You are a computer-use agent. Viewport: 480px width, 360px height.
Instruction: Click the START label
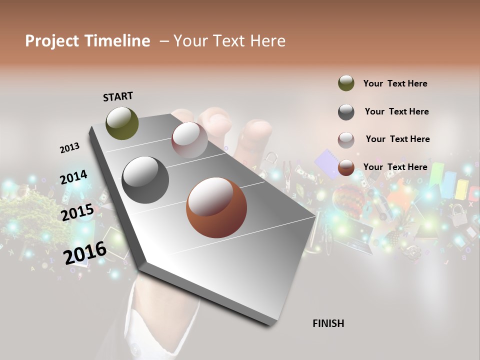118,96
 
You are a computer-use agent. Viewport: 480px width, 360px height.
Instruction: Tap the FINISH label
328,323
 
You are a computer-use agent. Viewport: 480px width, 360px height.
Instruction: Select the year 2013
69,148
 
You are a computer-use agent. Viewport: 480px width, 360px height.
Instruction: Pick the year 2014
73,177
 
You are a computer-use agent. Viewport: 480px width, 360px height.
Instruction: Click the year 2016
85,253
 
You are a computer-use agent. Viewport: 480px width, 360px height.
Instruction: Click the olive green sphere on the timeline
122,123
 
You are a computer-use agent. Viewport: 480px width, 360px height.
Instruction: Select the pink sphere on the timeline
189,140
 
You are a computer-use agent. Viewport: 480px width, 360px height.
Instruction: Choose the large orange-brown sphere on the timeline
216,207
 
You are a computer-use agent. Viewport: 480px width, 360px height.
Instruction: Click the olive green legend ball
346,83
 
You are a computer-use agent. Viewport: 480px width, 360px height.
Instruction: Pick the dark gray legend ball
346,112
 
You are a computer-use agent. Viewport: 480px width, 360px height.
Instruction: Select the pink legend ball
346,140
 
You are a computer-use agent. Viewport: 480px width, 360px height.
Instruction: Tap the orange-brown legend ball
346,168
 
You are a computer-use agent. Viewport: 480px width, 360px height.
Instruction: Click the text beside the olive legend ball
395,83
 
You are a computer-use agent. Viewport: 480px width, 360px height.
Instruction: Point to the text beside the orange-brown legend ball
395,167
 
